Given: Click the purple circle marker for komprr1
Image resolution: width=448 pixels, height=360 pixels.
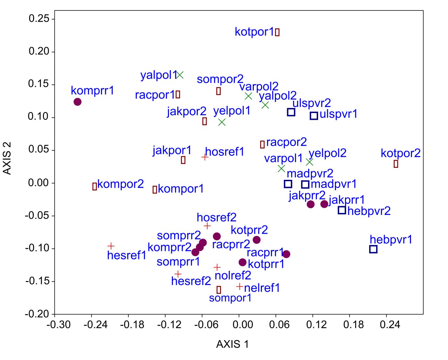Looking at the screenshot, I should (77, 102).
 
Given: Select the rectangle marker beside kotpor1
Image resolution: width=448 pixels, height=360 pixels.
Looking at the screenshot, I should (277, 32).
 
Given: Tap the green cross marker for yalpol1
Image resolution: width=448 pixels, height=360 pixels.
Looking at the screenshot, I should (180, 75).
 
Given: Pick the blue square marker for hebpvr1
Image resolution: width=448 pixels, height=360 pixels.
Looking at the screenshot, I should (373, 249).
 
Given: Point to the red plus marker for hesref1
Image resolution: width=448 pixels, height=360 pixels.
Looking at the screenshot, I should (111, 246).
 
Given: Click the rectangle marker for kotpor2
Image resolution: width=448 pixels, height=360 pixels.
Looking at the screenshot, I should (396, 164).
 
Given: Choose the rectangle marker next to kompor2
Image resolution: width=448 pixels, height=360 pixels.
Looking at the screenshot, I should (95, 186).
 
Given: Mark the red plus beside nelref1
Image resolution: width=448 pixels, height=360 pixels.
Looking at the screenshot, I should (239, 287).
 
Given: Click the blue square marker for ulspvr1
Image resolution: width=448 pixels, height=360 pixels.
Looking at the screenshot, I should (314, 116).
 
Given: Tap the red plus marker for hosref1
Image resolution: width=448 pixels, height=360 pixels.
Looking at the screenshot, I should (205, 157).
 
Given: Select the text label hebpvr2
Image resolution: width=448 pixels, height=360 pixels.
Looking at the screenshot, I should (369, 211).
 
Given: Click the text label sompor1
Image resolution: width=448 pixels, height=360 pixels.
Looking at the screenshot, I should (230, 298).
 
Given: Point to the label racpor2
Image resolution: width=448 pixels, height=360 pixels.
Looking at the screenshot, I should (286, 142).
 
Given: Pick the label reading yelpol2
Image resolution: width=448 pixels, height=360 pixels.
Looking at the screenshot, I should (327, 153).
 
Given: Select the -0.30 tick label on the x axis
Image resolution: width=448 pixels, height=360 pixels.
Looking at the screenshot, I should (58, 325).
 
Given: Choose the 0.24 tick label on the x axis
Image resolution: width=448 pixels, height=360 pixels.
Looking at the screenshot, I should (390, 325).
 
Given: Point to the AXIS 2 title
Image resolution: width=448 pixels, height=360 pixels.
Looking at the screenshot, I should (7, 158).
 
